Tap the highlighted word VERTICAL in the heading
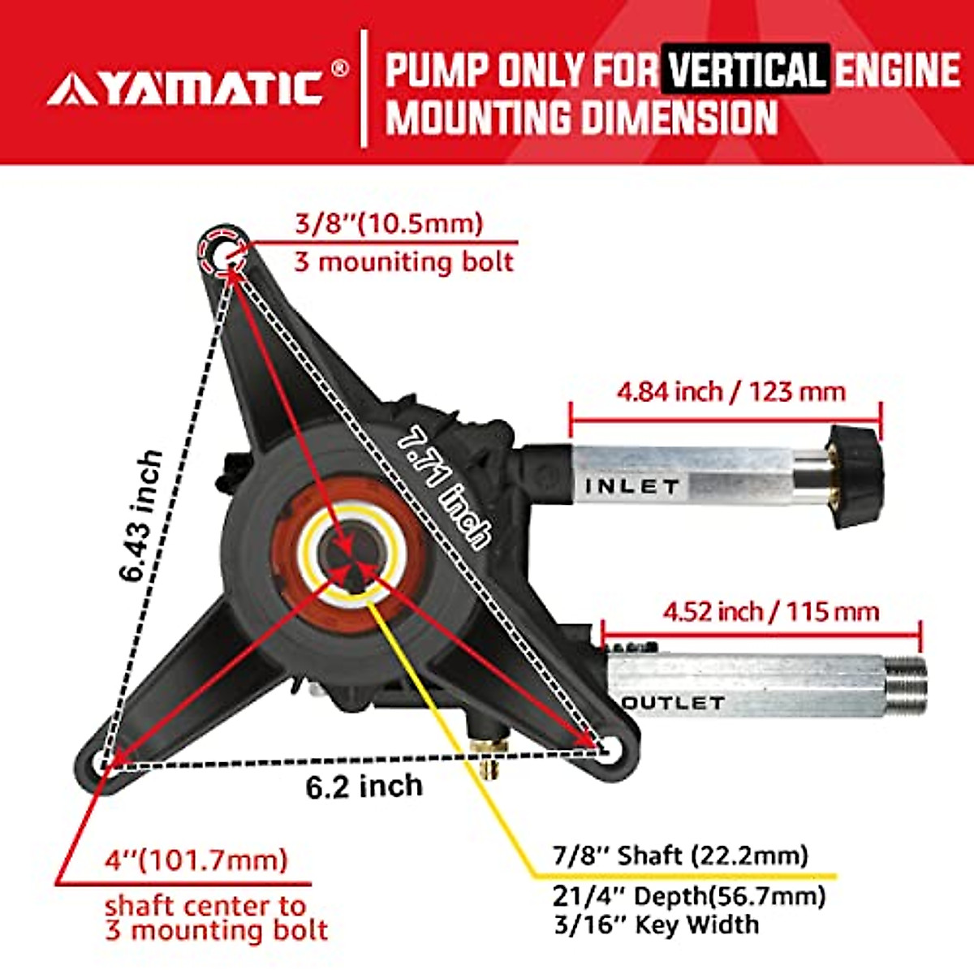click(x=745, y=70)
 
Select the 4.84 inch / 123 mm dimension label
click(x=730, y=392)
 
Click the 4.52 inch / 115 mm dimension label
click(x=770, y=611)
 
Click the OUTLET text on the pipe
click(x=673, y=703)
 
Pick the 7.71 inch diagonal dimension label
click(x=446, y=487)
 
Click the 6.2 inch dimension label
click(x=364, y=786)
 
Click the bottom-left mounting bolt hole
click(x=101, y=762)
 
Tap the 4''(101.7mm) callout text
click(x=196, y=860)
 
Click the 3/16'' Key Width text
click(x=656, y=924)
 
